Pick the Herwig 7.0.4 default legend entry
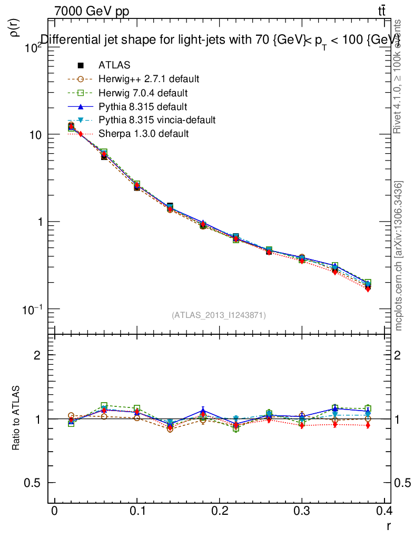point(143,93)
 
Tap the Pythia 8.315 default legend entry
point(142,107)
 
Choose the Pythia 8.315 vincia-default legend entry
point(156,121)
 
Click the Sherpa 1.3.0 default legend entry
point(143,134)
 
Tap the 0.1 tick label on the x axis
point(136,512)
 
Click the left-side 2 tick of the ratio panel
point(37,355)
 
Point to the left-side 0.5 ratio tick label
point(32,483)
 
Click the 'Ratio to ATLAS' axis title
point(16,418)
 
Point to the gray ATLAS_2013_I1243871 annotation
point(219,315)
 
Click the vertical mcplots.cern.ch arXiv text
point(399,256)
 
